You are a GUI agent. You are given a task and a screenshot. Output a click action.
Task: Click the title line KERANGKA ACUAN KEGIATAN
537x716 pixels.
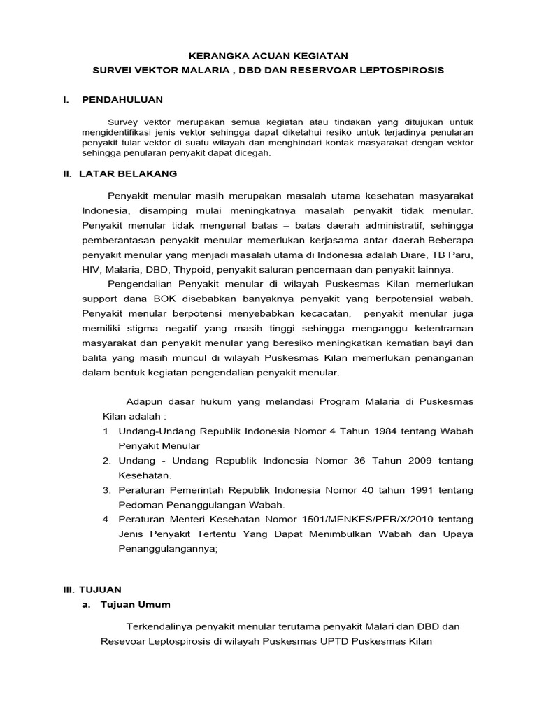268,55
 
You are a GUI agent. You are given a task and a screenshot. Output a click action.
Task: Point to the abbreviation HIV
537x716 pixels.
91,268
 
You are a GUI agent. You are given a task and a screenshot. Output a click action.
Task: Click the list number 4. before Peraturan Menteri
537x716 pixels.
107,519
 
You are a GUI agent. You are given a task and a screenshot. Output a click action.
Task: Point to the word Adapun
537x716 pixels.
145,401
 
